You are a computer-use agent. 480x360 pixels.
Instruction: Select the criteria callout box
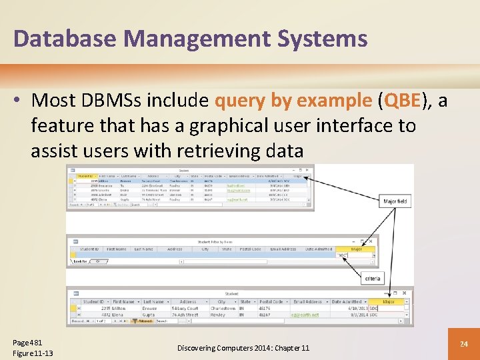373,277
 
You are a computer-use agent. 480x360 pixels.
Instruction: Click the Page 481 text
27,341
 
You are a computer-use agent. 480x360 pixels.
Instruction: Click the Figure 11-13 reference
33,353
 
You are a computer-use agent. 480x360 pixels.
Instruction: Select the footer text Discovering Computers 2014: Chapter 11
243,348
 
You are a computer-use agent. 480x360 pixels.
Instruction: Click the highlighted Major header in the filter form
356,249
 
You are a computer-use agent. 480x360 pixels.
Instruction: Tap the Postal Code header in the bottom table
273,302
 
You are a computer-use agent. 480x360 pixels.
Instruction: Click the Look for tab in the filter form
80,261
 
